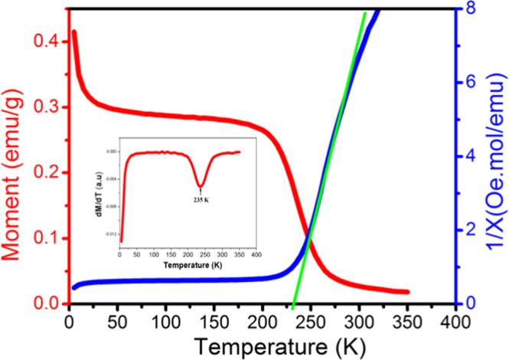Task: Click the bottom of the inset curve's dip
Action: [x=200, y=185]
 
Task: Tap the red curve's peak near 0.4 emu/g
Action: [x=74, y=32]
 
